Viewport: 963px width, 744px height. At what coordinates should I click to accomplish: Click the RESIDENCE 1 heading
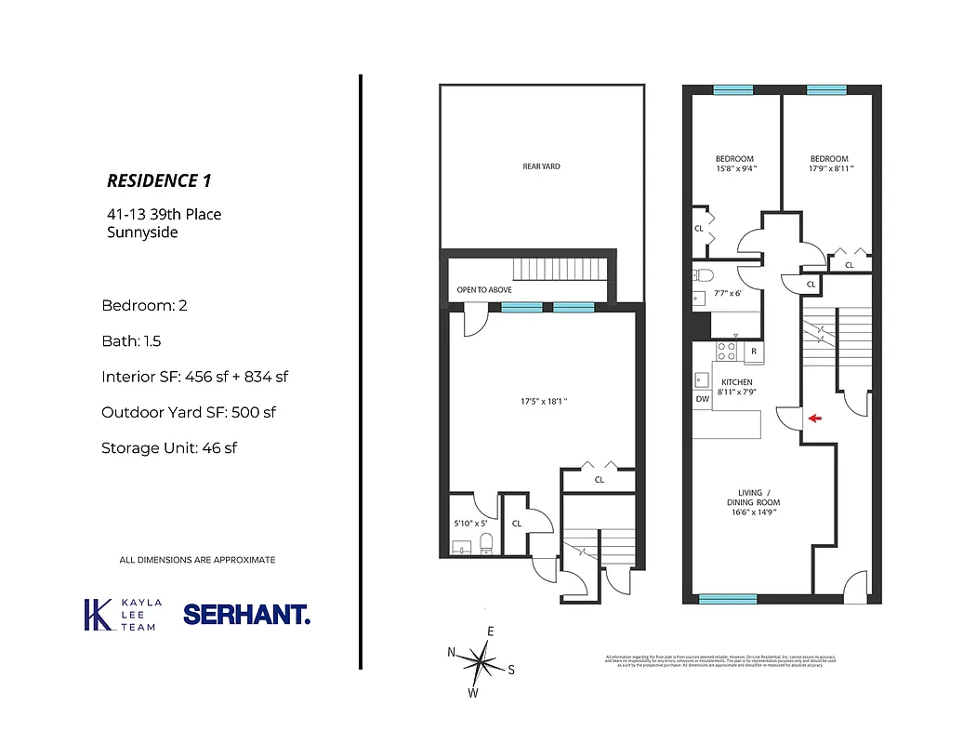tap(165, 180)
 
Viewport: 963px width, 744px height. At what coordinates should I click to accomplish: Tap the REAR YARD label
tap(541, 166)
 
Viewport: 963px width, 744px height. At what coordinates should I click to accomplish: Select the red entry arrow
tap(814, 418)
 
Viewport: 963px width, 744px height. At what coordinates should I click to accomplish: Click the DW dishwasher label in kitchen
tap(702, 399)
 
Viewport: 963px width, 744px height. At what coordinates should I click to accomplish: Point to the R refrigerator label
tap(753, 352)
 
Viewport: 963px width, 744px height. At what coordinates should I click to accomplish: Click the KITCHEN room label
tap(736, 382)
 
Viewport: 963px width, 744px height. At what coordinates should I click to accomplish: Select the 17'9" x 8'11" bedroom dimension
tap(830, 169)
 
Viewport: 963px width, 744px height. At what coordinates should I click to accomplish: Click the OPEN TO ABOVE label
tap(483, 290)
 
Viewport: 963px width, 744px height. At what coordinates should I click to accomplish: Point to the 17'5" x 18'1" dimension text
tap(544, 402)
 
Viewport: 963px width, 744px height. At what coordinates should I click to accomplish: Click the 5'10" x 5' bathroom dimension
tap(470, 524)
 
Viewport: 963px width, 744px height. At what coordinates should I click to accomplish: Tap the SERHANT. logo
tap(246, 615)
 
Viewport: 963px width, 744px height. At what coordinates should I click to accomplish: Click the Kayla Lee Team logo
tap(122, 615)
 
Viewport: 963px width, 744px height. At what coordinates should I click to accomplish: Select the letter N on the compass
tap(452, 652)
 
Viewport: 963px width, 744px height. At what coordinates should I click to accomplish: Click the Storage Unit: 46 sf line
tap(169, 447)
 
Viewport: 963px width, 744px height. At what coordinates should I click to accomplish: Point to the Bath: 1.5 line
tap(132, 341)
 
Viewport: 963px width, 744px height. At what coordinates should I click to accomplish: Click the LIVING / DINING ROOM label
tap(753, 502)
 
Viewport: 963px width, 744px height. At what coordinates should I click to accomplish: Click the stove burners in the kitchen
tap(727, 352)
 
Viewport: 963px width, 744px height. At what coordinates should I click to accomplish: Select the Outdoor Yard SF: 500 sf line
tap(189, 412)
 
